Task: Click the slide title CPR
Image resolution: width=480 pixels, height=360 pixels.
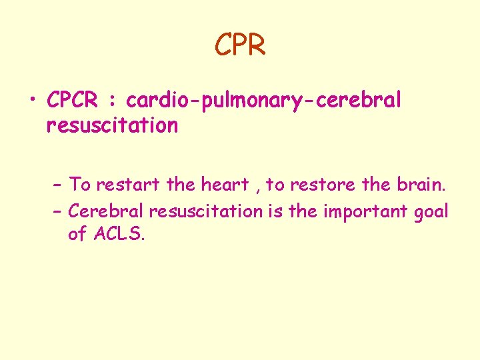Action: [x=240, y=45]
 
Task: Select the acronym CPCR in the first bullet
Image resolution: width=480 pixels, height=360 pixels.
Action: [x=72, y=101]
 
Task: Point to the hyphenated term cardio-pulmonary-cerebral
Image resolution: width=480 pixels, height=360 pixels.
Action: [x=264, y=101]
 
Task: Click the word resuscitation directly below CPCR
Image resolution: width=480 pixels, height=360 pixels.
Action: [x=112, y=125]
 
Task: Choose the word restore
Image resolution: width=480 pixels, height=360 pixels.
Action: [x=319, y=183]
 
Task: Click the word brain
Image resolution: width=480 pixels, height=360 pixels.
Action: [x=406, y=183]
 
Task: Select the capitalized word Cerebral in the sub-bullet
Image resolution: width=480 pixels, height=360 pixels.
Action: [x=107, y=211]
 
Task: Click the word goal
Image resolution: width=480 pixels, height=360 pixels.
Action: [x=431, y=213]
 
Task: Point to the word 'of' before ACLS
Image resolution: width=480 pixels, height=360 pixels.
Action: [x=77, y=235]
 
